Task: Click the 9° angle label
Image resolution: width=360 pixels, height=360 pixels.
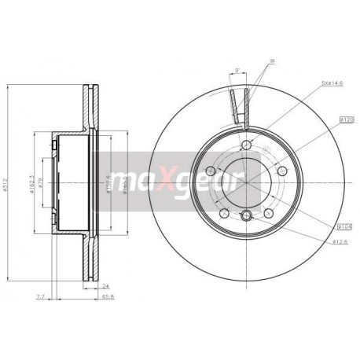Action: (237, 72)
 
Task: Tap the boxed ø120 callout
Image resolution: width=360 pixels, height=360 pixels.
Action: (344, 119)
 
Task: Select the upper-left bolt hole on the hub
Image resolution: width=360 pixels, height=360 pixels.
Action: (210, 171)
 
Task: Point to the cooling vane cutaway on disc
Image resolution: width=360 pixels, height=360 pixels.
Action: (240, 107)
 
